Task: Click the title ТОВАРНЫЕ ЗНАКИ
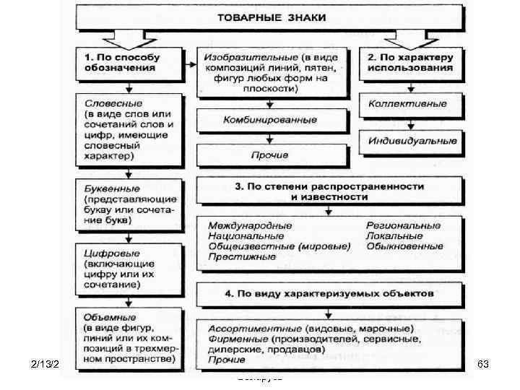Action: coord(267,17)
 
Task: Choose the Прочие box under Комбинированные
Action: coord(250,155)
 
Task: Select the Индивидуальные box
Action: coord(412,140)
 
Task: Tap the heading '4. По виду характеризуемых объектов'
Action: coord(329,295)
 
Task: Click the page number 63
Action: coord(484,365)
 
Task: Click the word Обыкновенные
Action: coord(404,246)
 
